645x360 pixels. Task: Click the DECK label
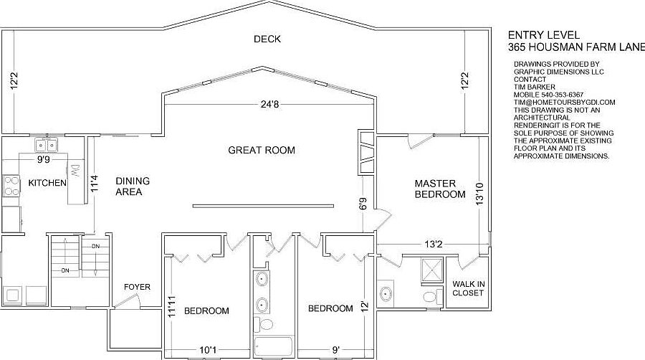pos(267,39)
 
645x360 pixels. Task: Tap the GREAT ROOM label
pos(262,151)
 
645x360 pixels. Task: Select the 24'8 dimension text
pos(269,105)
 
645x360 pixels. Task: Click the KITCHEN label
pos(47,184)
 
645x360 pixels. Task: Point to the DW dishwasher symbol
pos(75,170)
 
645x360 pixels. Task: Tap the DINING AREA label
pos(133,186)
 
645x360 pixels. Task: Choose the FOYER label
pos(137,287)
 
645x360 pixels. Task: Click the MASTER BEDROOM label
pos(440,189)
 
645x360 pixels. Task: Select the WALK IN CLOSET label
pos(468,288)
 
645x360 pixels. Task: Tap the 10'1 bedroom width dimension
pos(208,350)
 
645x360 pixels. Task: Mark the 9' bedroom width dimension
pos(335,350)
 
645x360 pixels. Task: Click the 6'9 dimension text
pos(363,204)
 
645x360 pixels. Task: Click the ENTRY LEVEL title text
pos(544,34)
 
